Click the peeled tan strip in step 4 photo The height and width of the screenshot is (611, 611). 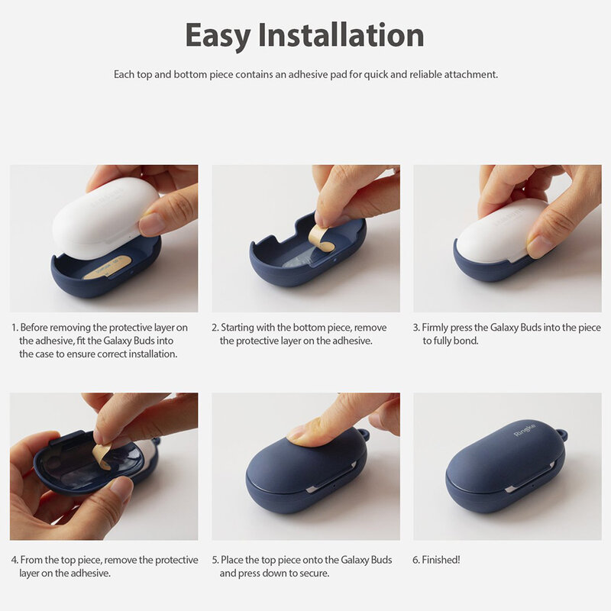tap(102, 455)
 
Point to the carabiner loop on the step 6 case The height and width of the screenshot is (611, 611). tap(562, 435)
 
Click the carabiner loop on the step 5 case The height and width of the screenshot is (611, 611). tap(363, 435)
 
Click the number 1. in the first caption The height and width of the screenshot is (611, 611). tap(15, 328)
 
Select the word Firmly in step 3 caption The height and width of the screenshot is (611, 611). tap(435, 328)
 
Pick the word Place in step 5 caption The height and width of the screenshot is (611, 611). tap(233, 560)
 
